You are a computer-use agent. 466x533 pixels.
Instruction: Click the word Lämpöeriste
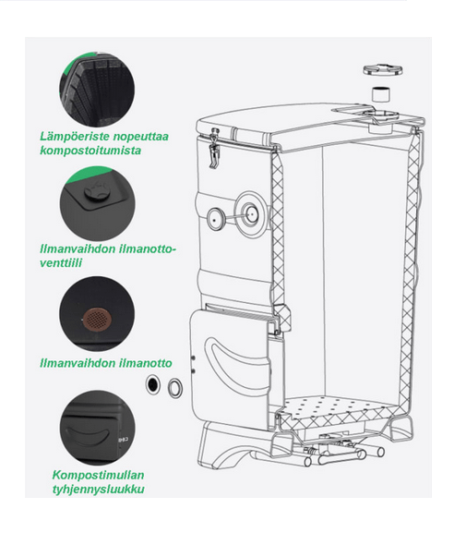(x=75, y=137)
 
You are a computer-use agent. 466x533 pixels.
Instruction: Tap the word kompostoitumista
(x=90, y=151)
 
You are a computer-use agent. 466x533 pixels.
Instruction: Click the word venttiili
(x=61, y=262)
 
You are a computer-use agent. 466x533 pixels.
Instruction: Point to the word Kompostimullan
(x=98, y=475)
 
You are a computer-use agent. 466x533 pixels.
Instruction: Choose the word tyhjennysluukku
(x=98, y=489)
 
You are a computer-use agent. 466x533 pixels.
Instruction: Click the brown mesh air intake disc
(x=97, y=320)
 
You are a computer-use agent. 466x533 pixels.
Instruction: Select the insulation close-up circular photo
(x=97, y=90)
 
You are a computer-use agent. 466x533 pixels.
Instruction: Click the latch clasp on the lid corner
(x=214, y=148)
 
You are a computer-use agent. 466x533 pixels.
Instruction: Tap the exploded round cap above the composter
(x=383, y=69)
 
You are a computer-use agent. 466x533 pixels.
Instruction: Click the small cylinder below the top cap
(x=381, y=94)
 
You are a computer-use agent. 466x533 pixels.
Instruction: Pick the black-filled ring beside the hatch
(x=153, y=385)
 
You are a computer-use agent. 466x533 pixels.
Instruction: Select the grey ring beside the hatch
(x=175, y=387)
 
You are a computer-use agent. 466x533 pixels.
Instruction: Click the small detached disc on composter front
(x=215, y=220)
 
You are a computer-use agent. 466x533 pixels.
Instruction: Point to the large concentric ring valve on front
(x=250, y=214)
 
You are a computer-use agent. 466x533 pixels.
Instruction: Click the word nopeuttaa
(x=140, y=137)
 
